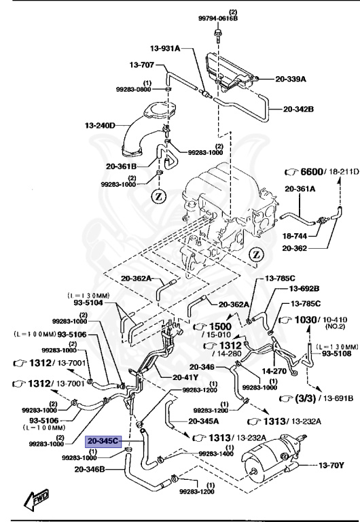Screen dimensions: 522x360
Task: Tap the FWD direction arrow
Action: click(x=32, y=501)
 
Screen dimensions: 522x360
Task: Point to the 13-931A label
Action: click(x=165, y=48)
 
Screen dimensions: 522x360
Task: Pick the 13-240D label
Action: click(x=100, y=125)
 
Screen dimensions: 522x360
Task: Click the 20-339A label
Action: click(x=291, y=79)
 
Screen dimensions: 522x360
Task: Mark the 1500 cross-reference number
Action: click(x=220, y=326)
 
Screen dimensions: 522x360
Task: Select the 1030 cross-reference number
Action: click(x=307, y=319)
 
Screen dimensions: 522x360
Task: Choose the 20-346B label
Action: click(x=90, y=468)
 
